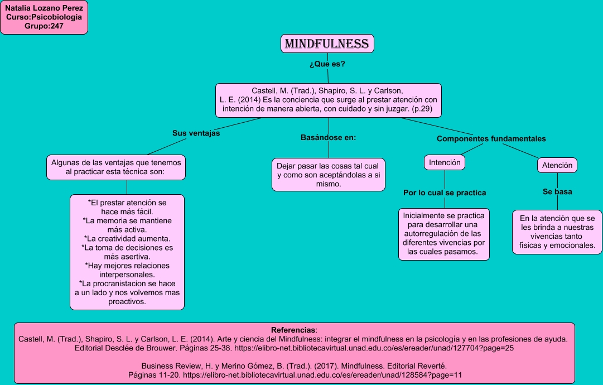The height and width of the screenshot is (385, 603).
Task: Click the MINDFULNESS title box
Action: point(327,44)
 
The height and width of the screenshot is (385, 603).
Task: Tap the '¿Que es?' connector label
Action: point(327,64)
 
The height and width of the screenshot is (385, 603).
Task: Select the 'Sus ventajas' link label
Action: point(196,133)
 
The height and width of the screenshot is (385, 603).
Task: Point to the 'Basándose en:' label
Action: point(328,137)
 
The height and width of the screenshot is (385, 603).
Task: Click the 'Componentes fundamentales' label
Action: point(491,138)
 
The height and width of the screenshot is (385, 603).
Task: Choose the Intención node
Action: point(445,162)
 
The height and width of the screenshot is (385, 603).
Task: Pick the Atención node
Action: point(557,165)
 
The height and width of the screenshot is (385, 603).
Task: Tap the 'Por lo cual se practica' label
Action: point(445,192)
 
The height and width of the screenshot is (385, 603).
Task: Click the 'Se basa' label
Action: point(557,191)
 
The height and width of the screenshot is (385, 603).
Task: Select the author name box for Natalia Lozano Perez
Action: point(44,18)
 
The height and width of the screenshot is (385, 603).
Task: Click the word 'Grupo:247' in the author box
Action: point(44,26)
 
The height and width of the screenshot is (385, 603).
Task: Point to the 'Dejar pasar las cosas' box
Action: point(329,175)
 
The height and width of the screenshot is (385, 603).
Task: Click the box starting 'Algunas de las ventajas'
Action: point(115,167)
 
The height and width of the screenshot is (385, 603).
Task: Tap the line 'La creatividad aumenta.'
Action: point(127,238)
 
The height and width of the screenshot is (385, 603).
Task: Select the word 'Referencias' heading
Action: point(293,330)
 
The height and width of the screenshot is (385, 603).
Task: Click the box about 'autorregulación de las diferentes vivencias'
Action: point(444,234)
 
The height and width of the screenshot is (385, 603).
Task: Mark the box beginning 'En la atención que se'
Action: point(557,232)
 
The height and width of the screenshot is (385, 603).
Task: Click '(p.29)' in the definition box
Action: point(422,109)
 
